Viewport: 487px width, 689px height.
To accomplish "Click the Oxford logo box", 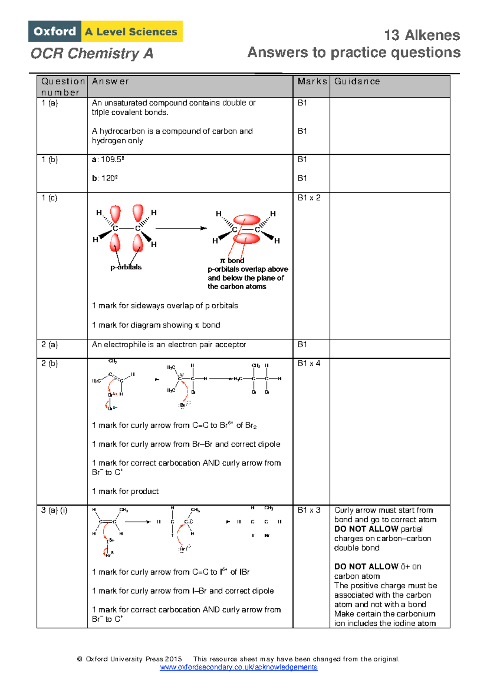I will pyautogui.click(x=54, y=31).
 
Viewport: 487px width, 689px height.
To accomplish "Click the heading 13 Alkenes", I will pyautogui.click(x=422, y=35).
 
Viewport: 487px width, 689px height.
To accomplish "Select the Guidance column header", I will pyautogui.click(x=357, y=82).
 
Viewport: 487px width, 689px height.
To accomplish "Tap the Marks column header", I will pyautogui.click(x=312, y=82).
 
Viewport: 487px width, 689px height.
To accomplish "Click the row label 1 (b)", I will pyautogui.click(x=50, y=159).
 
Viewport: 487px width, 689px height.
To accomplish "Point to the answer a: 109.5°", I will pyautogui.click(x=108, y=159).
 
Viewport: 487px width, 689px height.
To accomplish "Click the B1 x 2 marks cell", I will pyautogui.click(x=309, y=198).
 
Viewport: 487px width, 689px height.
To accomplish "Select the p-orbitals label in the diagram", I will pyautogui.click(x=126, y=267).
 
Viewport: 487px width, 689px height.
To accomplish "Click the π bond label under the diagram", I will pyautogui.click(x=232, y=261).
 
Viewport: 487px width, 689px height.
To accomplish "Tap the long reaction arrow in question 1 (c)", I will pyautogui.click(x=181, y=228).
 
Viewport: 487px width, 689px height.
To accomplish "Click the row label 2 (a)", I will pyautogui.click(x=50, y=344).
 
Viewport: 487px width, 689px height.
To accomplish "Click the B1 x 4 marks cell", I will pyautogui.click(x=309, y=363).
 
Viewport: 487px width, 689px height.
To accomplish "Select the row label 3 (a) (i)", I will pyautogui.click(x=54, y=510).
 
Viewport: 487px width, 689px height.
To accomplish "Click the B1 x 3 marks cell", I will pyautogui.click(x=309, y=510).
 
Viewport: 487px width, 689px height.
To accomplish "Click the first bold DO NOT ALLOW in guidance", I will pyautogui.click(x=366, y=529).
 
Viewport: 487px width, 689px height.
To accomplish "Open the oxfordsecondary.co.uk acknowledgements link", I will pyautogui.click(x=239, y=667).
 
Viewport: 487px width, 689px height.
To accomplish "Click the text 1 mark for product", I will pyautogui.click(x=125, y=491).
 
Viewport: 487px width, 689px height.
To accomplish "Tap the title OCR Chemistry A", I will pyautogui.click(x=92, y=54).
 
